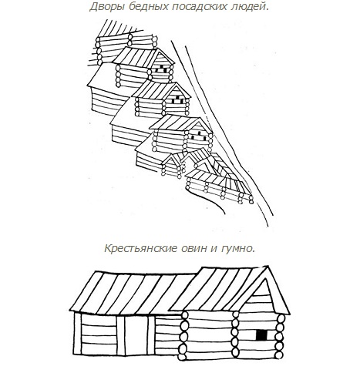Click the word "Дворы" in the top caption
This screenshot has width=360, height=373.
(106, 7)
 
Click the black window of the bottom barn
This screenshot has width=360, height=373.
(261, 334)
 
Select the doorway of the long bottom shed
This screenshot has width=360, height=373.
(136, 335)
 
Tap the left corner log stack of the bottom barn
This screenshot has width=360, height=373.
(183, 335)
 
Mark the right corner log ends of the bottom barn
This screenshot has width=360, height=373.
(280, 337)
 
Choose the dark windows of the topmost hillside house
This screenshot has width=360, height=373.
(163, 69)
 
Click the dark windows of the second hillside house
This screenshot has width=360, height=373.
(178, 100)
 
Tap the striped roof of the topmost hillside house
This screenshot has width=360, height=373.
(136, 56)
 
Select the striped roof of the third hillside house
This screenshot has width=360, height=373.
(175, 123)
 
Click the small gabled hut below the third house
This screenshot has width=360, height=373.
(172, 166)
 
